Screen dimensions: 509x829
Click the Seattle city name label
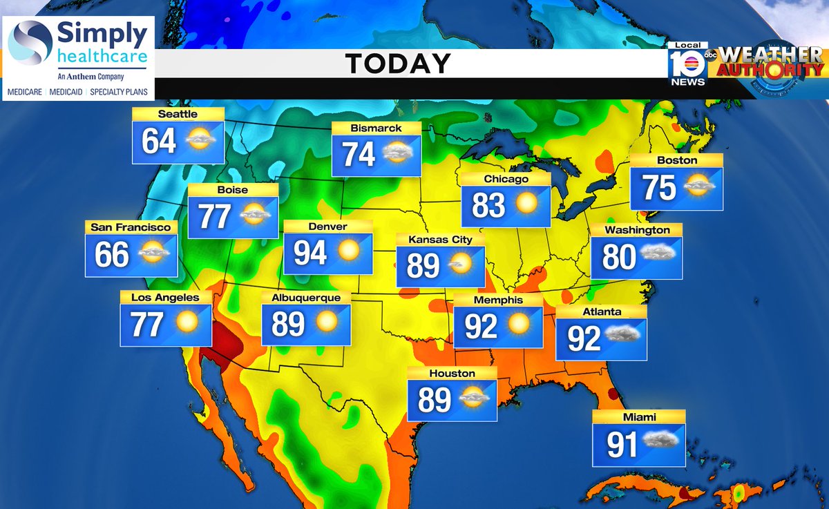pos(178,114)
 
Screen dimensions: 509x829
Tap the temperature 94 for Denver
pos(310,253)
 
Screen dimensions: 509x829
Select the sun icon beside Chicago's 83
pos(526,204)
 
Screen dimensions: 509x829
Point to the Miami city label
pos(638,416)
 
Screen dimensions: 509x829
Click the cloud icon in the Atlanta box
pos(622,336)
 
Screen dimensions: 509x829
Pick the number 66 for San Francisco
pos(112,254)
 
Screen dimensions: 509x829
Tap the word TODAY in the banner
pos(398,64)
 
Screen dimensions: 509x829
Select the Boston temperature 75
pos(659,187)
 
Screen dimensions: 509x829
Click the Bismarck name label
pos(376,128)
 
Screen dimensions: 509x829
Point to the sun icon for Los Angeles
pos(187,323)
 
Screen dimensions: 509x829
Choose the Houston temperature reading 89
pos(434,399)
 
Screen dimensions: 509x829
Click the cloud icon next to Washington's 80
pos(657,254)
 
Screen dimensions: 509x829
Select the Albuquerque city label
pos(306,298)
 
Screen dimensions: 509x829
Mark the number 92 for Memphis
pos(481,326)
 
